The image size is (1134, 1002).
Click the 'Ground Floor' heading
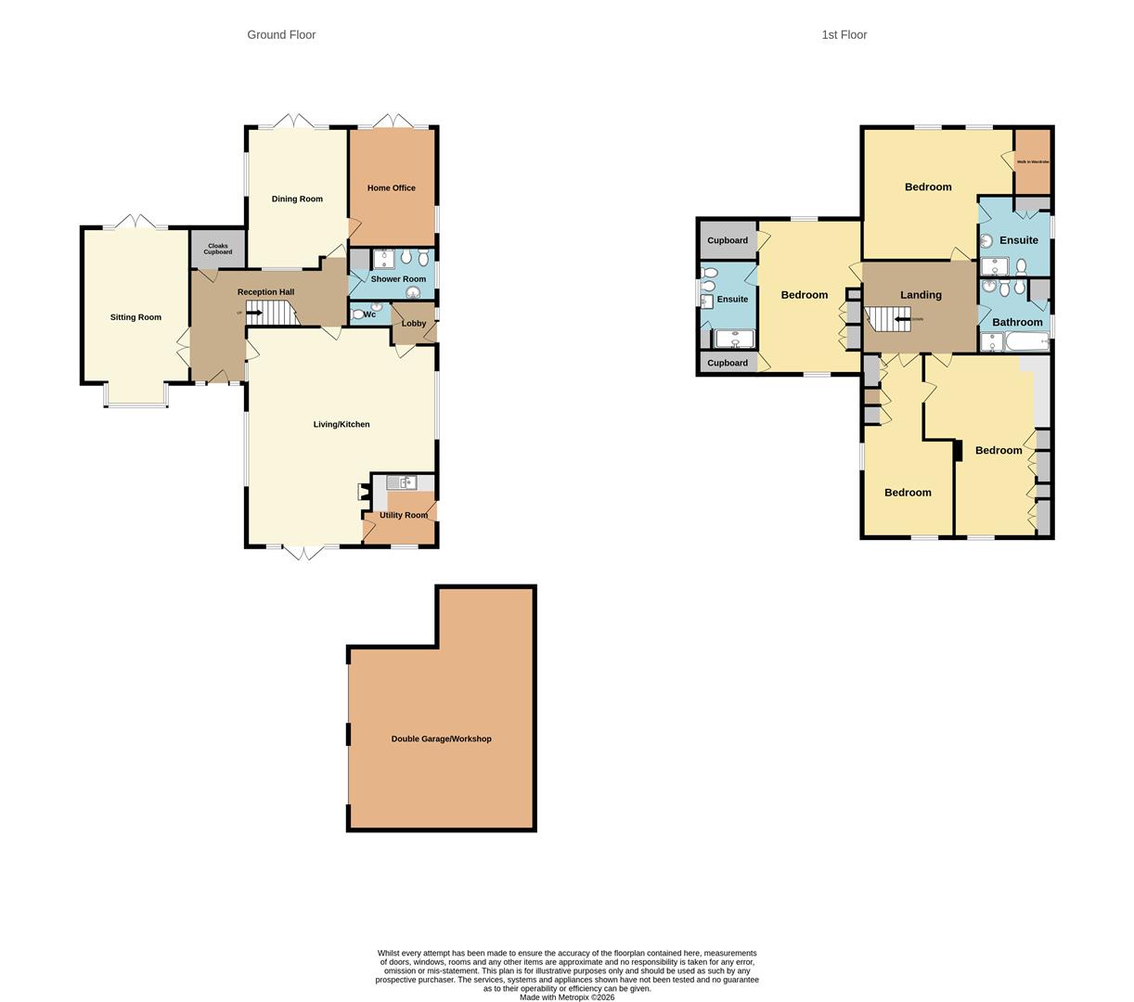click(x=281, y=35)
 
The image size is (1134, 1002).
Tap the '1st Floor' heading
click(x=844, y=35)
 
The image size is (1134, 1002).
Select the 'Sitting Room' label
click(x=135, y=317)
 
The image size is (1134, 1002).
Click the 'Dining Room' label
click(x=297, y=199)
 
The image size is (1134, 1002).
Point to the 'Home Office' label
click(x=391, y=188)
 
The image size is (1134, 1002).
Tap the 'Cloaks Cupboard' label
click(x=218, y=249)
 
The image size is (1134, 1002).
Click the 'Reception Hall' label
click(x=265, y=292)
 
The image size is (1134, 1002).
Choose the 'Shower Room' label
click(x=398, y=279)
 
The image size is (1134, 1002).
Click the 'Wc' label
click(x=369, y=315)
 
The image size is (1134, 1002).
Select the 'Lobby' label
click(x=414, y=324)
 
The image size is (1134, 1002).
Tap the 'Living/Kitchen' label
click(x=341, y=424)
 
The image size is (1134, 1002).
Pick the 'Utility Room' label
click(x=404, y=515)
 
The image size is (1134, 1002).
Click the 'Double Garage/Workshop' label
click(x=441, y=739)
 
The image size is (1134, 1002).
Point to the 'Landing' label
click(x=921, y=295)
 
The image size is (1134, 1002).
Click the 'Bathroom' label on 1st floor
click(x=1017, y=322)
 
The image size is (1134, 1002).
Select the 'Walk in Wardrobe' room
click(x=1032, y=161)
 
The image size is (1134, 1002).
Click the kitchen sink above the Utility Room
click(x=402, y=482)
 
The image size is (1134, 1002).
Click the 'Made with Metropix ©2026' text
click(x=567, y=997)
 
